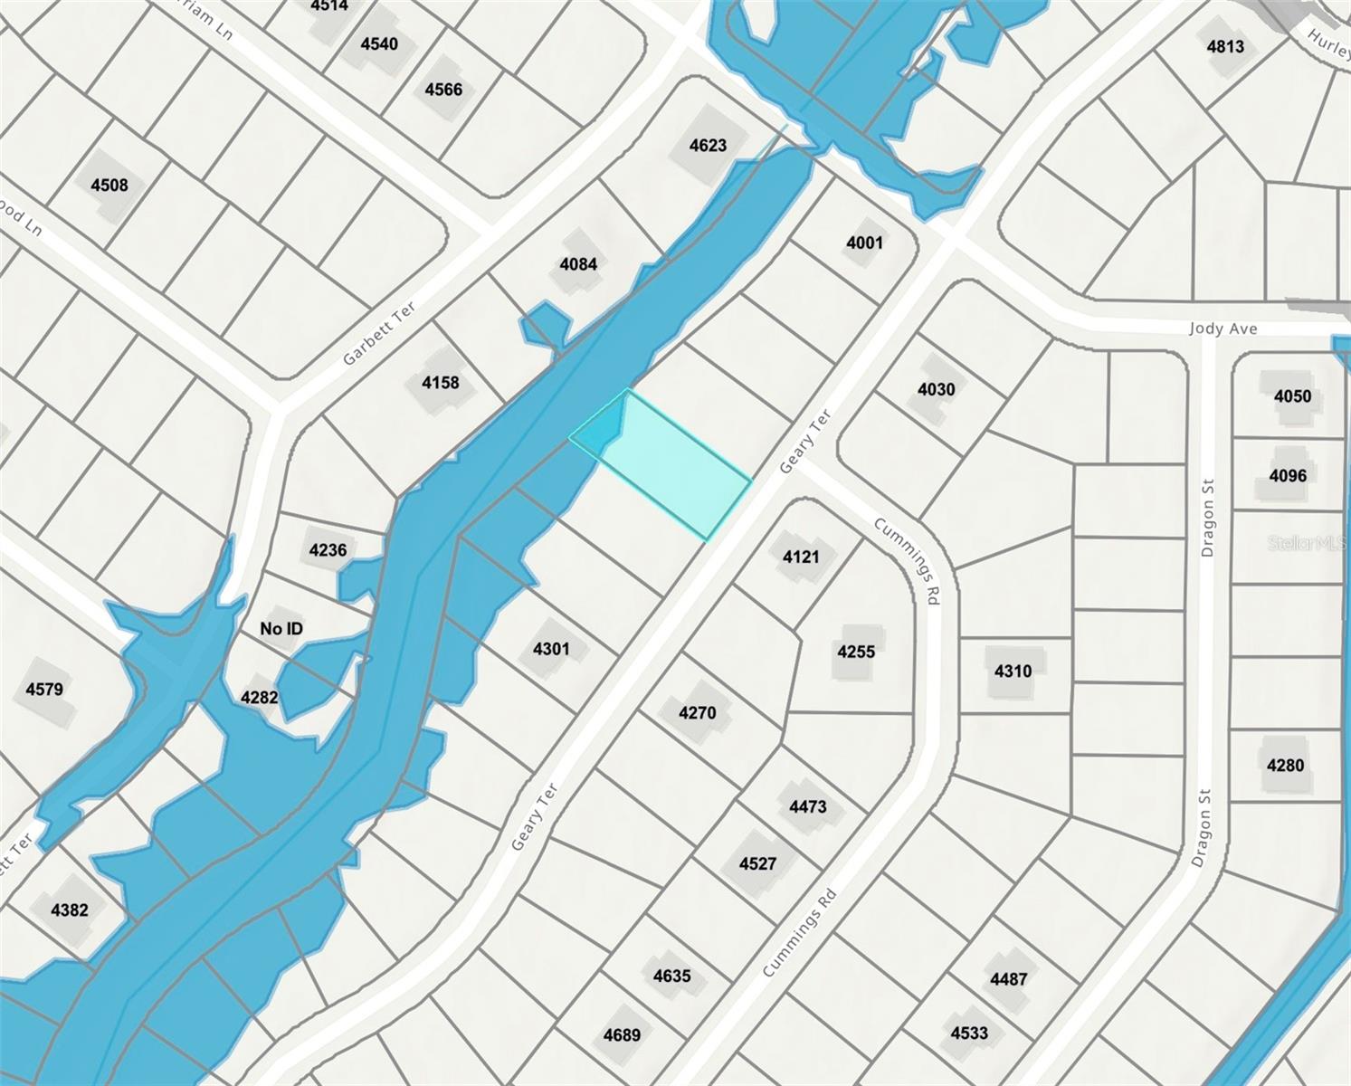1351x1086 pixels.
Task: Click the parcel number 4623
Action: click(x=708, y=145)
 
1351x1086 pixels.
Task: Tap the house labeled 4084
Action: click(x=578, y=264)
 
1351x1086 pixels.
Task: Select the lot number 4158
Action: click(x=441, y=383)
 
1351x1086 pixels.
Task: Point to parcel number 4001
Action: click(x=864, y=243)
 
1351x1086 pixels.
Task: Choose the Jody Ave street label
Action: click(x=1223, y=329)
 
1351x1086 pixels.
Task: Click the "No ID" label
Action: click(x=281, y=628)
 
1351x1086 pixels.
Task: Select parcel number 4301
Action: click(x=551, y=649)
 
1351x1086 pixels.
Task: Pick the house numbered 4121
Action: click(x=801, y=557)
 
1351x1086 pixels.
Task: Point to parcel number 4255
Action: click(x=856, y=652)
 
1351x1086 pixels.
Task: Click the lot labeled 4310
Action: click(x=1013, y=671)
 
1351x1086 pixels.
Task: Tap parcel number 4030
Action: click(x=936, y=389)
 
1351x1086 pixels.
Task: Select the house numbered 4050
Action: click(x=1292, y=396)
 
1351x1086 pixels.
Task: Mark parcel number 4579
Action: click(x=44, y=690)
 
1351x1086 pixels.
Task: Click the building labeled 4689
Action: click(x=622, y=1034)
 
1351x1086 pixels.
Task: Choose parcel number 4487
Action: click(x=1008, y=978)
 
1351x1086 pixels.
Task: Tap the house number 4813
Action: click(x=1225, y=46)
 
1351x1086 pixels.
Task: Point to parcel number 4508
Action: click(x=109, y=186)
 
